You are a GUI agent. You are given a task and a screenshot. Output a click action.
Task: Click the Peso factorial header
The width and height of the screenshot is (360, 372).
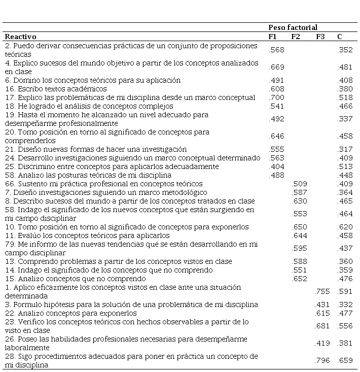[x=293, y=27]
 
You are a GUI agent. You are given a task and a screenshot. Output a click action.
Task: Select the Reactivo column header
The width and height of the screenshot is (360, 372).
[x=21, y=37]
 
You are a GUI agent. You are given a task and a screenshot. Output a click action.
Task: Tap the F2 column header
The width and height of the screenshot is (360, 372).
[x=296, y=37]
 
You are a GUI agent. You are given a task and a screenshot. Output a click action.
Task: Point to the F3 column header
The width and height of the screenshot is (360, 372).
[x=320, y=37]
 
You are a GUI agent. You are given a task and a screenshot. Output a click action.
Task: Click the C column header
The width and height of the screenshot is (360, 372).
[x=339, y=37]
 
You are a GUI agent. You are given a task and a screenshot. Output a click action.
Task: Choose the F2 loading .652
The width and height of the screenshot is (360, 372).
[x=300, y=279]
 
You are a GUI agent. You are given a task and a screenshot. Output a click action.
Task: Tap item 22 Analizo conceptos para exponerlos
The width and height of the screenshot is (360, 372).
[x=70, y=313]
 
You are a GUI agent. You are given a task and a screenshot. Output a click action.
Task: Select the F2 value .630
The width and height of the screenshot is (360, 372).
[x=300, y=201]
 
